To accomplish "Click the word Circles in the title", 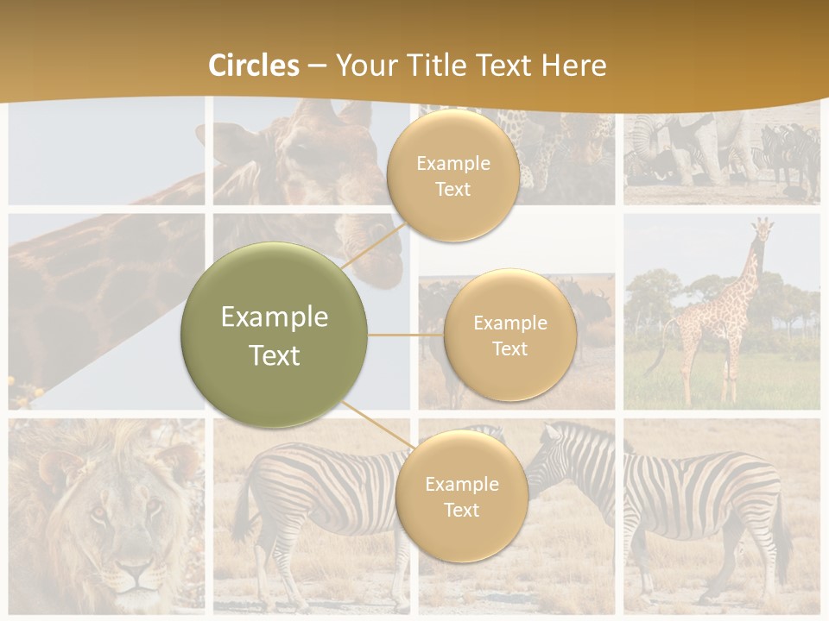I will tap(253, 66).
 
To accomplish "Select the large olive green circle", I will tap(275, 335).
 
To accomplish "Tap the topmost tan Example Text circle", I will tap(452, 175).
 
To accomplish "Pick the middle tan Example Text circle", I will tap(509, 335).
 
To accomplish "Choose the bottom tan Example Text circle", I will tap(461, 496).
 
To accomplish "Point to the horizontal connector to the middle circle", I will tap(406, 335).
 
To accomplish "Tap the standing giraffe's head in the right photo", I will tap(761, 230).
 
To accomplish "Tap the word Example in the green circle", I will tap(275, 317).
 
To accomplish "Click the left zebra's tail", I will tap(239, 509).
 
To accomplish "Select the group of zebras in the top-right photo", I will tap(788, 155).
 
